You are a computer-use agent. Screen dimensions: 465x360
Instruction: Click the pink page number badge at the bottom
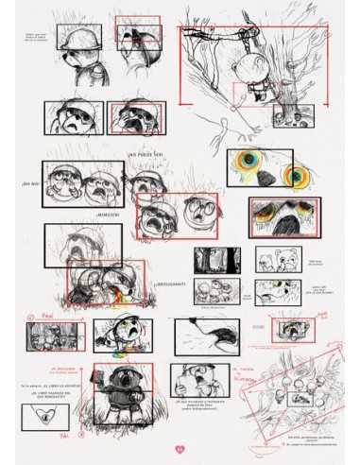[180, 448]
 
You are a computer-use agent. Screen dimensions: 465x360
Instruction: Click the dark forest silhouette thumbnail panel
[216, 260]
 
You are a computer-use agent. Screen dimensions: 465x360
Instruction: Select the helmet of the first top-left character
[75, 35]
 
